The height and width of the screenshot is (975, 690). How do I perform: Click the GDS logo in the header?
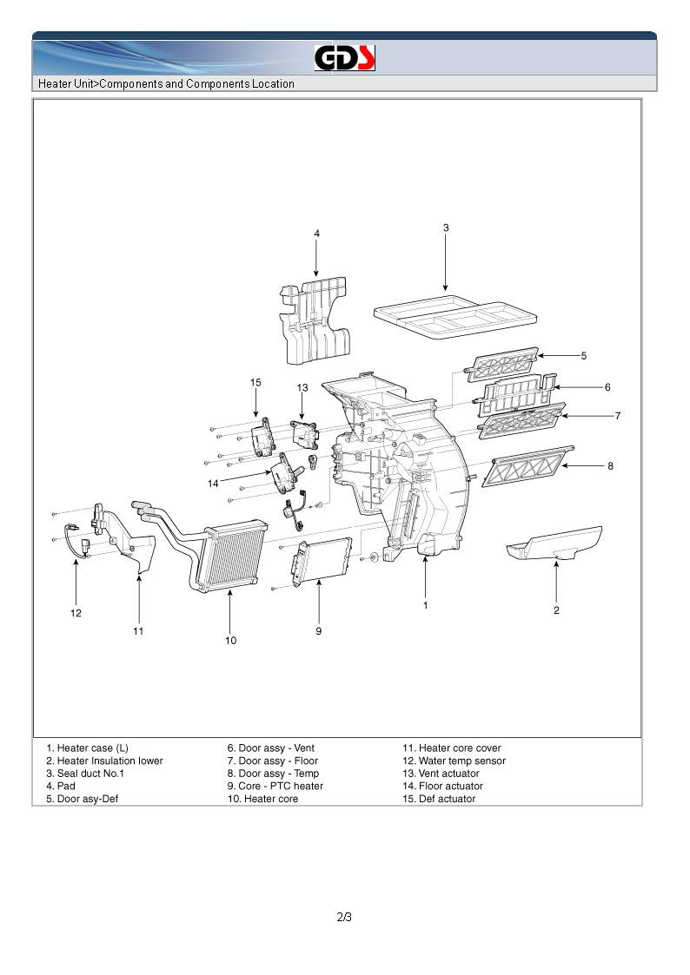point(344,58)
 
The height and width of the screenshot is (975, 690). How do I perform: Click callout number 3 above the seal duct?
point(446,228)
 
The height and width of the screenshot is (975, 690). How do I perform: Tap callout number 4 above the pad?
point(316,234)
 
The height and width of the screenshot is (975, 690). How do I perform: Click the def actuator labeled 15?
point(262,438)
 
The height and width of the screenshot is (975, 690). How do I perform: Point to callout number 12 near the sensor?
point(76,613)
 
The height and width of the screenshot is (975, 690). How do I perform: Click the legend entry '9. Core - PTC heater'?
point(275,786)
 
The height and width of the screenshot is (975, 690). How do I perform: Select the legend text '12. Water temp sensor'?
point(453,761)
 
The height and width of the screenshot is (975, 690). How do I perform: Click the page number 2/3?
point(344,917)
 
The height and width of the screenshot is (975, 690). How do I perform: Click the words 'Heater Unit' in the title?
point(66,84)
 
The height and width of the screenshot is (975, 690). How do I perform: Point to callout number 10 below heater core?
point(230,641)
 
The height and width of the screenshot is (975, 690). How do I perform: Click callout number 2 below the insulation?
point(556,610)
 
